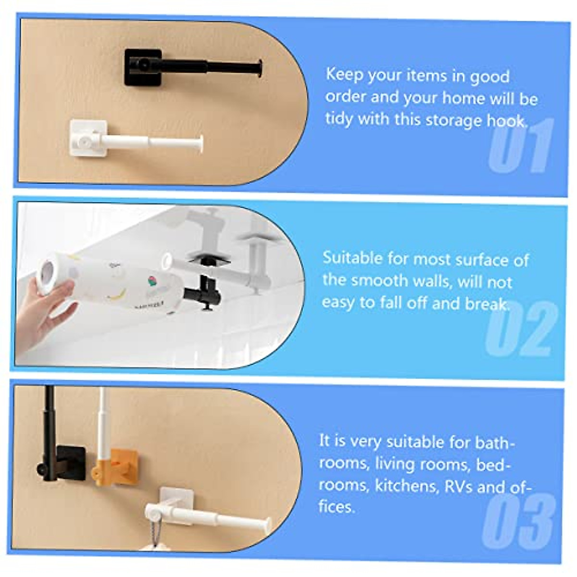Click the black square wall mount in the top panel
[142, 67]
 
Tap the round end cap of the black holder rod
[260, 69]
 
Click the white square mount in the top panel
[88, 138]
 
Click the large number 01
[520, 146]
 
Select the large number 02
[520, 328]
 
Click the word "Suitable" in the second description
[352, 258]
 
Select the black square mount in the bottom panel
[72, 461]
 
